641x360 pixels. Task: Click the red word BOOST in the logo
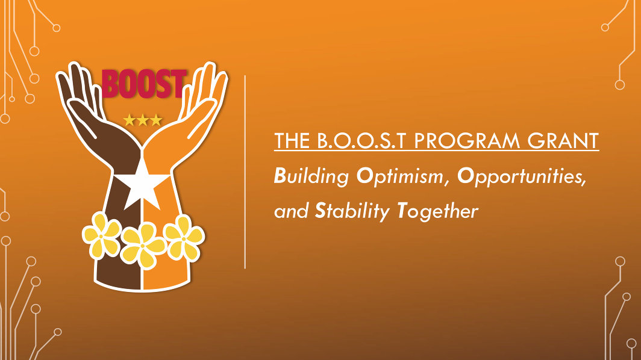pyautogui.click(x=143, y=84)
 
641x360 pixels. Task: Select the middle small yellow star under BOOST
pyautogui.click(x=143, y=120)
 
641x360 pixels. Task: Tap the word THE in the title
pyautogui.click(x=292, y=141)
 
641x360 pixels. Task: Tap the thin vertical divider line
pyautogui.click(x=245, y=172)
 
